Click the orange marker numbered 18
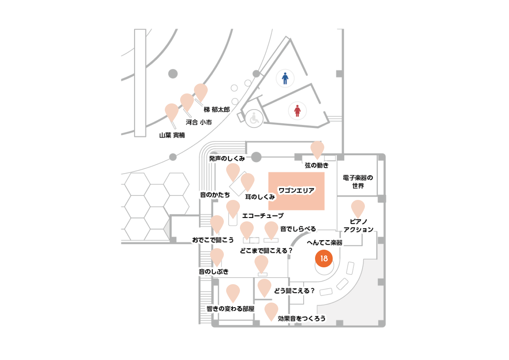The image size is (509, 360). coord(324,258)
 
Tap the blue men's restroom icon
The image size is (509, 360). coord(285,78)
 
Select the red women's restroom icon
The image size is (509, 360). coord(297,111)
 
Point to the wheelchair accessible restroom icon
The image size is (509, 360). coord(254,118)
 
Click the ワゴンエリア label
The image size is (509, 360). coord(296,190)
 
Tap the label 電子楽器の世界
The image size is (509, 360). coord(358,182)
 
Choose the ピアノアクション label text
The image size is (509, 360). coord(358,226)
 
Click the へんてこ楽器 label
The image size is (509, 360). coord(325,242)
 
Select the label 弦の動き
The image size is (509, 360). coord(317,165)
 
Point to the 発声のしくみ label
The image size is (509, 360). coord(227,159)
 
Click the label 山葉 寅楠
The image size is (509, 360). coord(172,135)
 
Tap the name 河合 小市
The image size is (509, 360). coord(199,122)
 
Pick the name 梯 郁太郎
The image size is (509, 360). coord(217,110)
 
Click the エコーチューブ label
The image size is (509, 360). coord(263,216)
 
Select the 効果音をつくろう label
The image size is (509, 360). coord(302,319)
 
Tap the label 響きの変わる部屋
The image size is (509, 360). coord(230,309)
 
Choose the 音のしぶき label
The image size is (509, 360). coord(213,272)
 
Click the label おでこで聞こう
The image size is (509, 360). coord(213,240)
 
